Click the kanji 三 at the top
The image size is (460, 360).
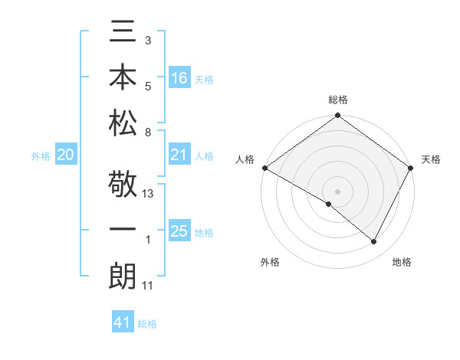coord(122,35)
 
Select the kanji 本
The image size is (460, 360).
coord(122,79)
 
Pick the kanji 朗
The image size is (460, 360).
coord(122,276)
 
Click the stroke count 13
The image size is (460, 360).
coord(148,193)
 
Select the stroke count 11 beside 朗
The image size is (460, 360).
coord(148,285)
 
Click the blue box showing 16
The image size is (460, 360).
coord(179,78)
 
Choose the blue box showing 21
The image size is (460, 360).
coord(179,155)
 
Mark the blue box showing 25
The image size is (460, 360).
coord(179,231)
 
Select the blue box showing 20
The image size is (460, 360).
coord(65,155)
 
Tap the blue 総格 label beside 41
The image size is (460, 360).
coord(147,324)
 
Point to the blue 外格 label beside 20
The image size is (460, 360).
coord(41,156)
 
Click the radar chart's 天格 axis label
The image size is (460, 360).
coord(431,159)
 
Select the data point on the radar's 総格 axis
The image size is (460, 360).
coord(337,116)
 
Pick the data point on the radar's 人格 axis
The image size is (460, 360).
coord(264,168)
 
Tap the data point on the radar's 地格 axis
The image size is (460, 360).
coord(374,242)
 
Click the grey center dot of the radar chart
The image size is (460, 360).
coord(337,190)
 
